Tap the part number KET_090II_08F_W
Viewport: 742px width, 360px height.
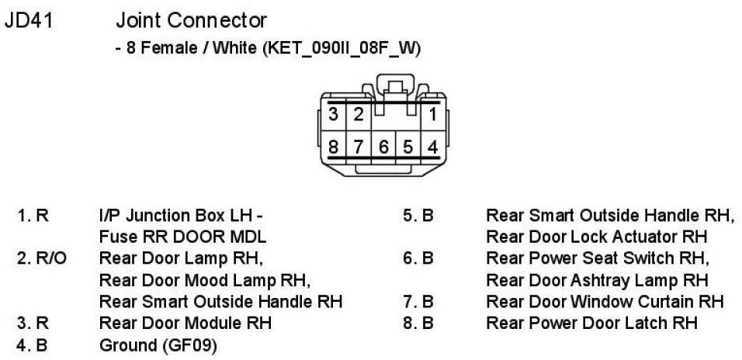pyautogui.click(x=342, y=48)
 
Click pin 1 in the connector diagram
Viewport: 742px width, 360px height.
pyautogui.click(x=432, y=116)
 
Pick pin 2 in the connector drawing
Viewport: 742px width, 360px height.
pyautogui.click(x=358, y=116)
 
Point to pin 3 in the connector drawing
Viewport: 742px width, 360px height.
pyautogui.click(x=334, y=116)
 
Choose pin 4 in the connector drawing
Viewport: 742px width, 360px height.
pyautogui.click(x=432, y=145)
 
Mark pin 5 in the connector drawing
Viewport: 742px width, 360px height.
pyautogui.click(x=407, y=145)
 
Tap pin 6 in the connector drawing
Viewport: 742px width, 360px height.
pyautogui.click(x=383, y=145)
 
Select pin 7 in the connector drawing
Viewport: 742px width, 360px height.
pyautogui.click(x=358, y=145)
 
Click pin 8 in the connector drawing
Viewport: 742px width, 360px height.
pyautogui.click(x=334, y=145)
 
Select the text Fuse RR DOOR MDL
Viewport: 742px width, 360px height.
pyautogui.click(x=182, y=236)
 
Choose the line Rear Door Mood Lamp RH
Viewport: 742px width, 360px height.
pyautogui.click(x=204, y=279)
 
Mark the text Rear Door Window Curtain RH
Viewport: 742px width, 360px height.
pyautogui.click(x=605, y=300)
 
